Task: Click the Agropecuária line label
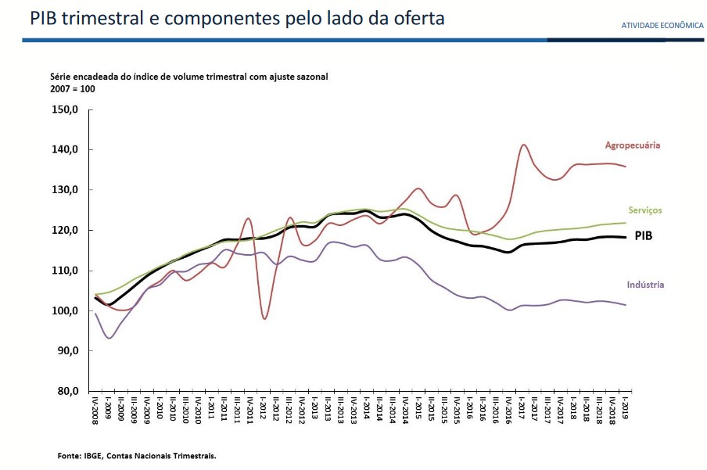point(632,145)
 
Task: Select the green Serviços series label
point(645,210)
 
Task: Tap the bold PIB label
point(644,235)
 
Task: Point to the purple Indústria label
point(645,285)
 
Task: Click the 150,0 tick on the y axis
point(66,109)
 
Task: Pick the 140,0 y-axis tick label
point(66,149)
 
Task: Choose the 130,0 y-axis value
point(66,190)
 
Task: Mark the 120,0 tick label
point(66,230)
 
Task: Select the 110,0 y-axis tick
point(66,271)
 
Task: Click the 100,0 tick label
point(66,310)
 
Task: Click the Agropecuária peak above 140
point(523,145)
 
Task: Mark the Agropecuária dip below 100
point(265,318)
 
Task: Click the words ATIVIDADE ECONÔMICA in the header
point(662,26)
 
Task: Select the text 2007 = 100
point(72,89)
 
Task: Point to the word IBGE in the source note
point(95,454)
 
